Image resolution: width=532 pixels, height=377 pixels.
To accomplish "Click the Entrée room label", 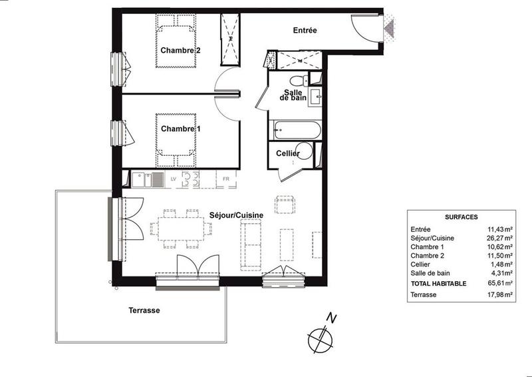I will click(305, 31).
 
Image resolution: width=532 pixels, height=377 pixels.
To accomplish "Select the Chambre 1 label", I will click(180, 129).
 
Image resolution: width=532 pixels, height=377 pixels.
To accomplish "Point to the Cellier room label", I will click(288, 154).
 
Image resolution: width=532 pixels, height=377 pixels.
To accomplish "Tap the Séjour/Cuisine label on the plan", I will click(236, 215).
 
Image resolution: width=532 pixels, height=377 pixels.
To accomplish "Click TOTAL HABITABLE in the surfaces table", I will click(439, 283).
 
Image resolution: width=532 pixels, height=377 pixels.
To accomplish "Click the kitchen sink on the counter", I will click(147, 179).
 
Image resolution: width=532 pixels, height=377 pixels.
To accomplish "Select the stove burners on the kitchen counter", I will click(192, 179).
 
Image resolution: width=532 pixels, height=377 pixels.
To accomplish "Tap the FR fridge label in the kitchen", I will click(225, 179).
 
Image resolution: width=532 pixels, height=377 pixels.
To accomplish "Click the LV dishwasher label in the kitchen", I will click(173, 179).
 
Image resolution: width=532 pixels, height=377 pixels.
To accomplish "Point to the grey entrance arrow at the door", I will click(389, 27).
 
